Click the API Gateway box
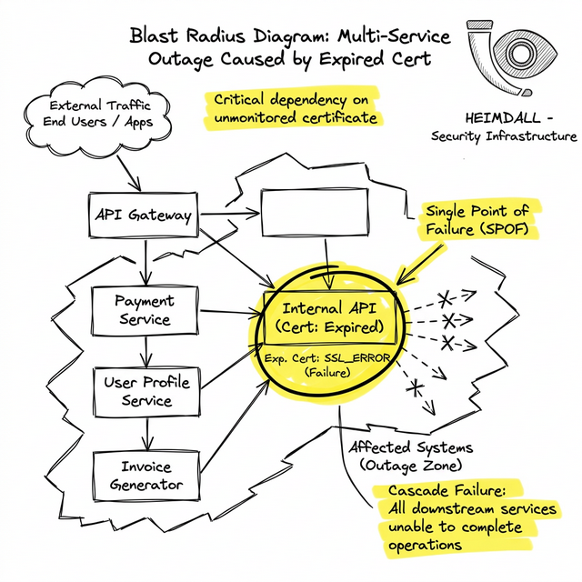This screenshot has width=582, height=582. pos(143,216)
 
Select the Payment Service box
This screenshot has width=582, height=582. pos(145,309)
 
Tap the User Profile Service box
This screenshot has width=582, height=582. pos(145,391)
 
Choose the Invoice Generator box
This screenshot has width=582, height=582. pos(145,476)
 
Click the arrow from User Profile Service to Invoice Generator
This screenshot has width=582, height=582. pos(144,432)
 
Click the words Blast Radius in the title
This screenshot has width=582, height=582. pos(188,36)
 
